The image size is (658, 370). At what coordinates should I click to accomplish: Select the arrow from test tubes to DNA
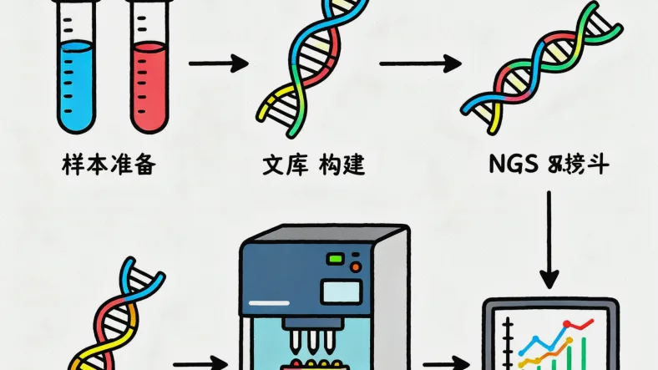[219, 63]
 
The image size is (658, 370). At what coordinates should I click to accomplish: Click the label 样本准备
[109, 165]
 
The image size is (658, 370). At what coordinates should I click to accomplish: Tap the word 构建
[342, 165]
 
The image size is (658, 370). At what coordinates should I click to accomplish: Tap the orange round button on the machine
[356, 266]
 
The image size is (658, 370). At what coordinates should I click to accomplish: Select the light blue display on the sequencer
[341, 291]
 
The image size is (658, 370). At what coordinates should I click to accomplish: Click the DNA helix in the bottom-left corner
[121, 317]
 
